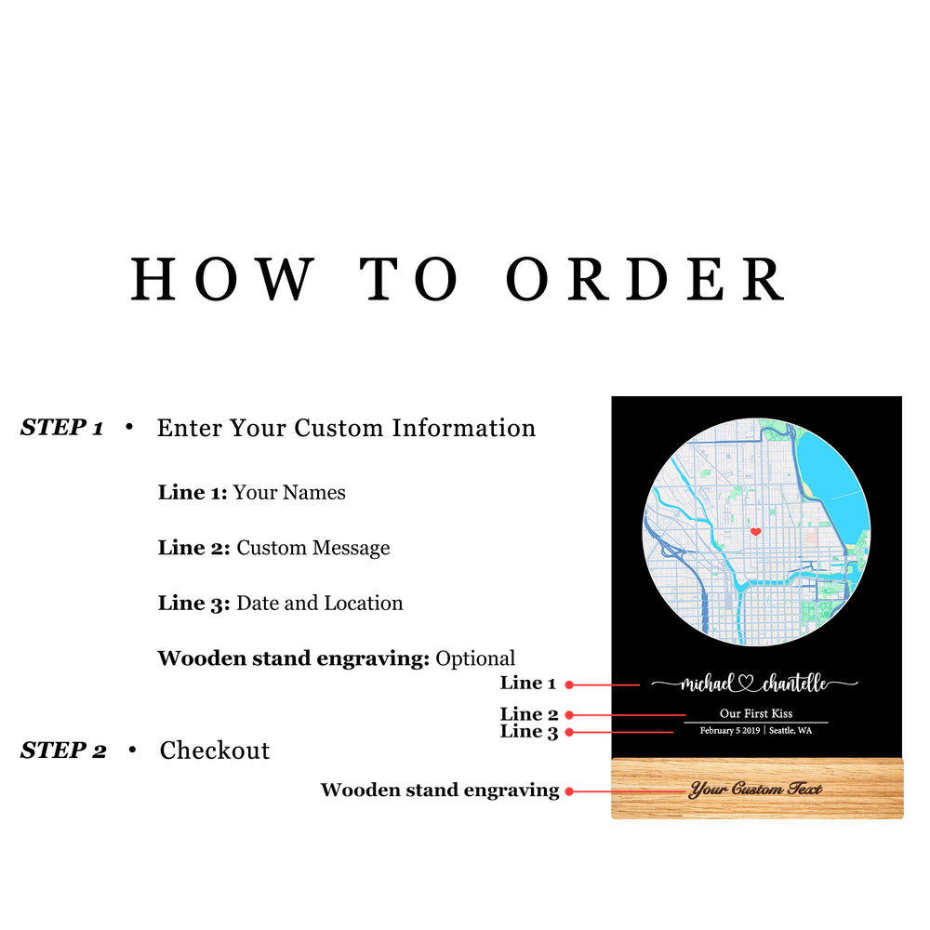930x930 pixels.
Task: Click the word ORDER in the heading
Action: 646,278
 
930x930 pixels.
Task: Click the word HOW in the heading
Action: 222,278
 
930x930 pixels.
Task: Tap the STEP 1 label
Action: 61,428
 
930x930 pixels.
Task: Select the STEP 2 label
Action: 63,751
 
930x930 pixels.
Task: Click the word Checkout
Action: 215,751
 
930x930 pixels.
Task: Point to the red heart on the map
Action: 756,532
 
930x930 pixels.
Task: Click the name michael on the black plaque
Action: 707,684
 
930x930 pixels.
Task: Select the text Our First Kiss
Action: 756,713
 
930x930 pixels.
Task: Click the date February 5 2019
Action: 730,731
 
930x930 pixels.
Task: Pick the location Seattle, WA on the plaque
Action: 790,731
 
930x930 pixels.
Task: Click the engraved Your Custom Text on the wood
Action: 756,790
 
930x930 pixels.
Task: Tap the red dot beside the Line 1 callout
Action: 569,684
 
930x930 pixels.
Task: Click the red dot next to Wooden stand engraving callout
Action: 569,791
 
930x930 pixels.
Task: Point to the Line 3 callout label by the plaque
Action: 529,732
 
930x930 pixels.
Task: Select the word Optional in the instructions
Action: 475,658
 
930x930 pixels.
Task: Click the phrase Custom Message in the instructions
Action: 313,548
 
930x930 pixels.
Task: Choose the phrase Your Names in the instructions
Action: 289,493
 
